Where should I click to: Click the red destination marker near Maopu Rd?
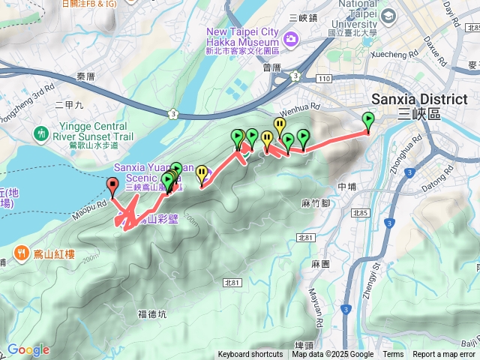tap(112, 185)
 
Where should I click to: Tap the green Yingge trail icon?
tap(40, 132)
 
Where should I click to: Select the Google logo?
tap(28, 349)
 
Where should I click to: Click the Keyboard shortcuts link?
tap(250, 355)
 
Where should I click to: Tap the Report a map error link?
tap(443, 355)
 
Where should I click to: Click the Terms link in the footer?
tap(393, 355)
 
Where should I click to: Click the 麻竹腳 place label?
tap(316, 203)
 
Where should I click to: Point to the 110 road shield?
tap(322, 77)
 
